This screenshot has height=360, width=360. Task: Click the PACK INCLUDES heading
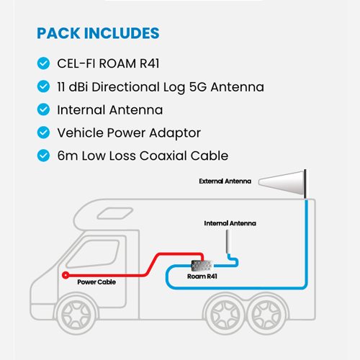click(98, 33)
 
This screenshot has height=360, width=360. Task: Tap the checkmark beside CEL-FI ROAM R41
click(43, 63)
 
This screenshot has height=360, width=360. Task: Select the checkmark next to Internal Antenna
click(43, 109)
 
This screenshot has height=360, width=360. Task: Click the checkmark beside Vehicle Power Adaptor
click(43, 132)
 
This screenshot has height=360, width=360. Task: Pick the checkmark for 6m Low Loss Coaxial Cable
click(43, 156)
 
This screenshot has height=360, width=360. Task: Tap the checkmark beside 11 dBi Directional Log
click(43, 86)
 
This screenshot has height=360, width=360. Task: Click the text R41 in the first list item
click(149, 63)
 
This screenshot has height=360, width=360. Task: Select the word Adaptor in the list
click(175, 133)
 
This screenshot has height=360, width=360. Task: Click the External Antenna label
click(225, 181)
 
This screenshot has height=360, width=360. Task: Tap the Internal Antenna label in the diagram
click(230, 223)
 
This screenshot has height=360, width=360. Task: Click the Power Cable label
click(96, 282)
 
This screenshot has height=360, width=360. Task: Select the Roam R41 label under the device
click(202, 276)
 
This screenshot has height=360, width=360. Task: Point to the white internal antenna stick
click(228, 242)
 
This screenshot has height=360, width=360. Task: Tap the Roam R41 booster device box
click(202, 266)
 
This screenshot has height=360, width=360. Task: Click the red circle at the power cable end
click(66, 275)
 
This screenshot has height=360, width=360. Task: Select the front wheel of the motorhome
click(76, 315)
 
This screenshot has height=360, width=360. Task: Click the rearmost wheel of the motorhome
click(266, 315)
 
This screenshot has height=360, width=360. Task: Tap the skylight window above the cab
click(115, 213)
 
